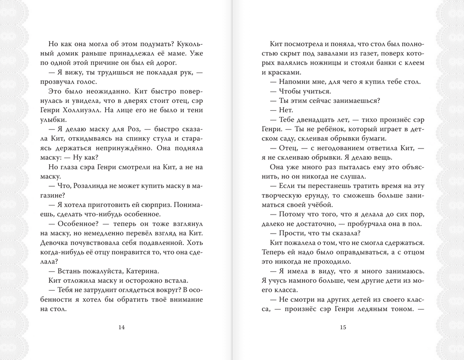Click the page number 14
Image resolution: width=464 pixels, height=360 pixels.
[122, 327]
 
